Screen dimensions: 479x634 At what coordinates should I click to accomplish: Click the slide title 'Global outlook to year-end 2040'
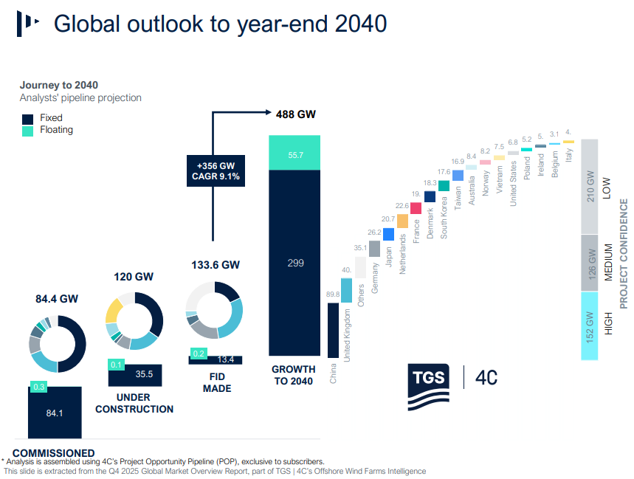click(220, 24)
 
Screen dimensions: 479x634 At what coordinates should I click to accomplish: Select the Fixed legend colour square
click(28, 118)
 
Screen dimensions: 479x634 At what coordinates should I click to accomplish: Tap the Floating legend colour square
click(28, 131)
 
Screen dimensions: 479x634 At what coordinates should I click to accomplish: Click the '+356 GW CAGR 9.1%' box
click(214, 171)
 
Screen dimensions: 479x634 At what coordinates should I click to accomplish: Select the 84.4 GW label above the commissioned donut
click(56, 299)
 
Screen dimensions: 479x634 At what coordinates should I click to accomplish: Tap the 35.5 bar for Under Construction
click(135, 374)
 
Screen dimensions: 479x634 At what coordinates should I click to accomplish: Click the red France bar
click(416, 207)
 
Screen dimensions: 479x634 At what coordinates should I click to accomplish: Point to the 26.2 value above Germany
click(375, 232)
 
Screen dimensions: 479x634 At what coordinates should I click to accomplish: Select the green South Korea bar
click(444, 186)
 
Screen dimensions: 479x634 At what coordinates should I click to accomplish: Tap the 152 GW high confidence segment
click(589, 325)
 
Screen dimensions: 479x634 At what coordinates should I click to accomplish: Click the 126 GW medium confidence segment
click(589, 263)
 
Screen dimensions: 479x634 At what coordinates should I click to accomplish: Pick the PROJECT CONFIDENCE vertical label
click(624, 252)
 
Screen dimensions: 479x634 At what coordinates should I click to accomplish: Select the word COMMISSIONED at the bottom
click(54, 453)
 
